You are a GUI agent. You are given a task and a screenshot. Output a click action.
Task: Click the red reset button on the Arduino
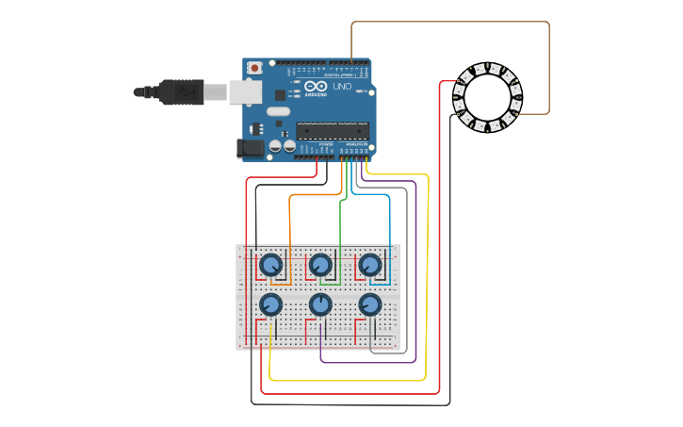point(255,68)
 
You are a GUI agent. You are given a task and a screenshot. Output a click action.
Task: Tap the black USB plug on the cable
point(181,91)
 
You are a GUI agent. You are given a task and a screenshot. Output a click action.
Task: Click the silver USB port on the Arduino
point(246,91)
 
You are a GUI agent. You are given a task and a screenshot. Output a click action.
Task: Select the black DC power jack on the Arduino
point(251,146)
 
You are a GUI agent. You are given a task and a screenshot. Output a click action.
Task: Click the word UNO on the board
point(342,86)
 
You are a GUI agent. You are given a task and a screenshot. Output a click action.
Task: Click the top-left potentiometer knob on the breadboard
point(271,265)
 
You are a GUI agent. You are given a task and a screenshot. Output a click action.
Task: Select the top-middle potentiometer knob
point(320,265)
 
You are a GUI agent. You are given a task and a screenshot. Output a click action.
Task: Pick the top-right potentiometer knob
point(370,265)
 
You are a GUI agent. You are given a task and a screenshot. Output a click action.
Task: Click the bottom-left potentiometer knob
point(271,304)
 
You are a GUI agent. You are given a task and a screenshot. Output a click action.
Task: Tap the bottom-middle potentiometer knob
point(320,304)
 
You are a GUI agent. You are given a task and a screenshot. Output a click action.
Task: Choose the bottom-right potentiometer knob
point(370,304)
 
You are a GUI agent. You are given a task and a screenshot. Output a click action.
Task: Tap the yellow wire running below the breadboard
point(349,381)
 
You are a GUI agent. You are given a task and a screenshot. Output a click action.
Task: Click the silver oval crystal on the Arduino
point(278,111)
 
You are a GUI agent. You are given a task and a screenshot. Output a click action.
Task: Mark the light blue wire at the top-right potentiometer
point(389,236)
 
